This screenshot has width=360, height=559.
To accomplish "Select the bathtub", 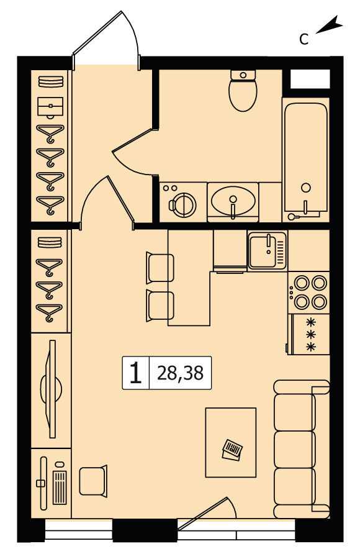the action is tap(306, 158).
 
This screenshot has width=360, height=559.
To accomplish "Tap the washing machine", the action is tap(183, 202).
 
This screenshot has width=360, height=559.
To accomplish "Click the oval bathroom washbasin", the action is tap(233, 199).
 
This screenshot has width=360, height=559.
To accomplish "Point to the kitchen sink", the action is tap(268, 250).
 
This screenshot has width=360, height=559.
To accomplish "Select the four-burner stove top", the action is tap(309, 293).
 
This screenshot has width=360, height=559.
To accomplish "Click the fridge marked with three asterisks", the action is tap(308, 334).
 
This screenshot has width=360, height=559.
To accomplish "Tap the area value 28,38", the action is tap(181, 373).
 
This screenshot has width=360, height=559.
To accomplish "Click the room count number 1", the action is tap(135, 373).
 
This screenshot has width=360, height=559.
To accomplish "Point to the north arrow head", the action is tap(335, 23).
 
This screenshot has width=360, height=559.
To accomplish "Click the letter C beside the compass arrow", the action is tap(304, 39).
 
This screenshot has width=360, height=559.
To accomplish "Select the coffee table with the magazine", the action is tap(231, 442).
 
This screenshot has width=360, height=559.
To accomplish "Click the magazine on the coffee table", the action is tap(232, 450).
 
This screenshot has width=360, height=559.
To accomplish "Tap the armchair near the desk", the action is tap(93, 481).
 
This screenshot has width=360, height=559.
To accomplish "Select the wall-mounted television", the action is tap(52, 389).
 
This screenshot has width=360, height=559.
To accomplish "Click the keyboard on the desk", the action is tap(60, 488).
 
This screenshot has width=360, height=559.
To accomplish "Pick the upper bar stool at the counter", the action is tap(160, 268).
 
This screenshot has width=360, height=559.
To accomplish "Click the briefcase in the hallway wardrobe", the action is tap(50, 106).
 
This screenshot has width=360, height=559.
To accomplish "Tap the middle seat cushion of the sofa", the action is tap(295, 449).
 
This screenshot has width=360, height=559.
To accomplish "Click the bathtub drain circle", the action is tap(305, 188).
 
